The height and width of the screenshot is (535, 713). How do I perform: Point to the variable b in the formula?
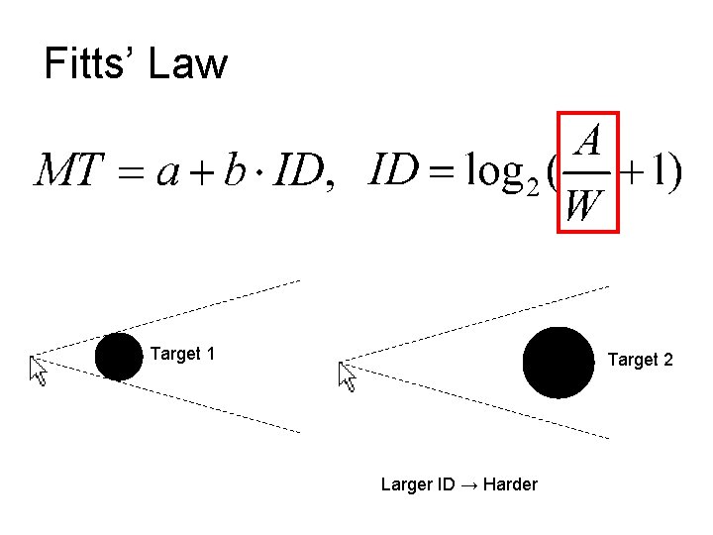pos(234,172)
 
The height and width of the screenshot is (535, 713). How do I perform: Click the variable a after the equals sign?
pos(167,174)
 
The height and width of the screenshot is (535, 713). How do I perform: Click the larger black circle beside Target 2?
pos(559,363)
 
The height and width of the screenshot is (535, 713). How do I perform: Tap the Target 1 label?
pos(182,354)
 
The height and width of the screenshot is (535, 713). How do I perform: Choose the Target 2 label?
pos(640,360)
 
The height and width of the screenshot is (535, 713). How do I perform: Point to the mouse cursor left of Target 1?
pos(39,371)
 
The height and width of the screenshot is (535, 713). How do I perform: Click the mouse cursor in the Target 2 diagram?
pos(347,375)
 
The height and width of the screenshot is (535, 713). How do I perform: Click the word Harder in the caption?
pos(507,484)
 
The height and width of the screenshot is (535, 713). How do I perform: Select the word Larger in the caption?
pos(406,484)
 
